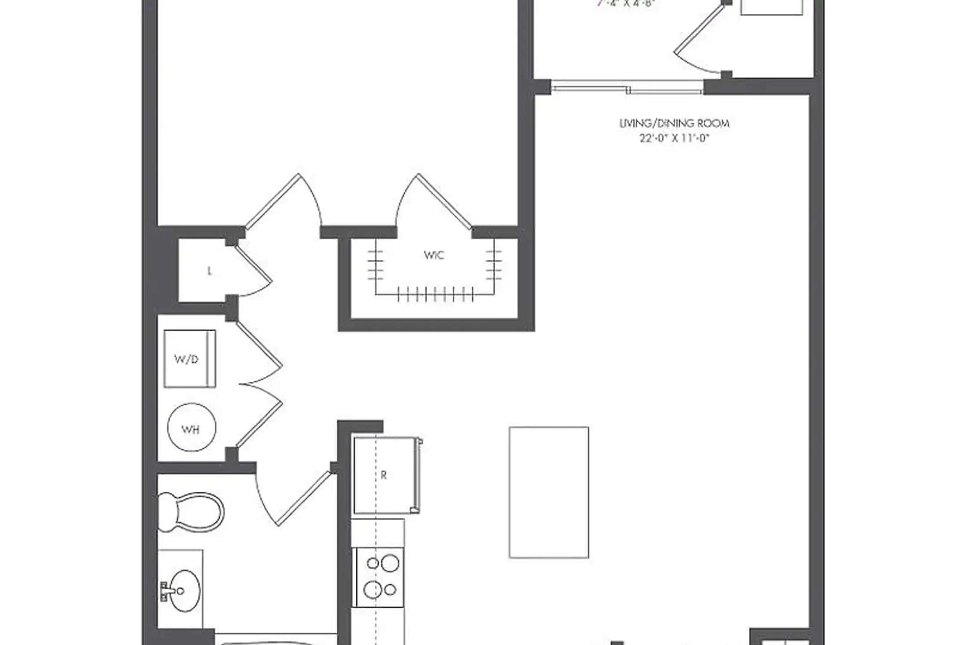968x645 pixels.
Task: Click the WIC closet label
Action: point(434,255)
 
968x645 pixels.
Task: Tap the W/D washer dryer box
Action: point(190,359)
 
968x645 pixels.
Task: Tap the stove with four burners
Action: point(377,577)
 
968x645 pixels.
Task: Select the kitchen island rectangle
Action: point(549,492)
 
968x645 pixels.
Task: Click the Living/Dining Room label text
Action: point(674,123)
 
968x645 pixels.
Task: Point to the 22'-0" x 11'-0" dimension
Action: point(674,138)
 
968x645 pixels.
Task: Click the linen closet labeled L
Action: point(209,271)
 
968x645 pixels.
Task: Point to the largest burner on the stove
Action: point(390,563)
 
